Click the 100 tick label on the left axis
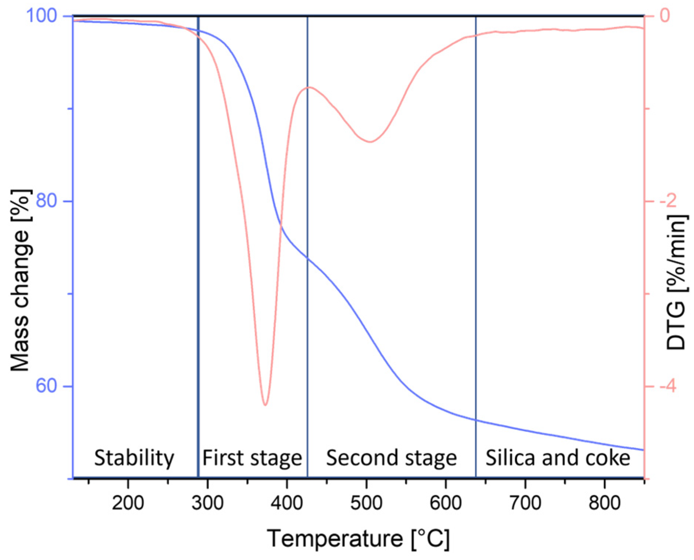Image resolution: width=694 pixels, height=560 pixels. tap(41, 16)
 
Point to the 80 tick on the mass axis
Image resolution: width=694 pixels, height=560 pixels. tap(47, 201)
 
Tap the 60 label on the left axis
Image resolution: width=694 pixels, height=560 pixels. tap(47, 386)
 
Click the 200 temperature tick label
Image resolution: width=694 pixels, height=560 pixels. tap(128, 502)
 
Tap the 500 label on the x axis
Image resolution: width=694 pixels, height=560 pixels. tap(366, 502)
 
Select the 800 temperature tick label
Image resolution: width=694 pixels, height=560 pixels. tap(605, 502)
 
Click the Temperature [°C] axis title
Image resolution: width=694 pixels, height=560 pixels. tap(358, 539)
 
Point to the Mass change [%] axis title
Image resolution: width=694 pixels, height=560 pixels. tap(20, 280)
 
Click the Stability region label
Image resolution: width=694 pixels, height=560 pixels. tap(134, 458)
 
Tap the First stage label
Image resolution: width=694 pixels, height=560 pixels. tap(252, 458)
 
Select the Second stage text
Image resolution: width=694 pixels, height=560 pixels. tap(391, 458)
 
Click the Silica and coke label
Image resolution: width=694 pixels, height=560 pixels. tap(558, 458)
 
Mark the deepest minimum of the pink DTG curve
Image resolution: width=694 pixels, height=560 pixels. tap(265, 405)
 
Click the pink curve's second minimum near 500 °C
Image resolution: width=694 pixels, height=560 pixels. tap(371, 142)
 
